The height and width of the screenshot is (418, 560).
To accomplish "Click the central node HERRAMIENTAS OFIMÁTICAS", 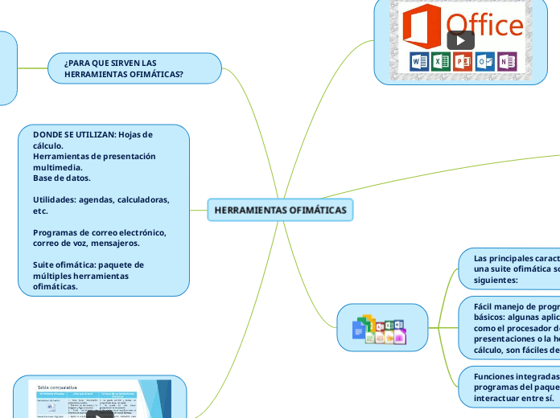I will coord(280,210).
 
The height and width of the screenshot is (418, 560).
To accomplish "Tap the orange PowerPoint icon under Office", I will coord(463,61).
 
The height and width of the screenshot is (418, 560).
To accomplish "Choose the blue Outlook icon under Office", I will coord(484,61).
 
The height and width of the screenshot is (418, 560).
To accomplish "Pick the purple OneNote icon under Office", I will coord(506,61).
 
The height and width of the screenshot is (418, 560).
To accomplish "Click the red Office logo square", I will coord(422,25).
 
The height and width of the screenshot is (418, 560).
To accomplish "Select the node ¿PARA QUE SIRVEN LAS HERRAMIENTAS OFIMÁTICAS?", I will coord(134,68).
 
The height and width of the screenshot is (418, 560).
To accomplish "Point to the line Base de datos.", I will coord(61,178).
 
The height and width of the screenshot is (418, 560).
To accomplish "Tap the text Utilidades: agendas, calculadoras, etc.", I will coord(101,205).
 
